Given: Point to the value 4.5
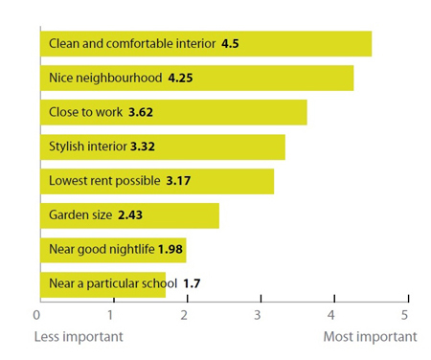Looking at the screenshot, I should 231,44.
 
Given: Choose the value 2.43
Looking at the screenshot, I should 129,215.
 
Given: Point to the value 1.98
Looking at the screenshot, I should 170,250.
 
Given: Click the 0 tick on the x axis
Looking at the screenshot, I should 38,315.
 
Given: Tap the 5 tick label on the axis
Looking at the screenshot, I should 405,315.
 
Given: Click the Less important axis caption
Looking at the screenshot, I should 79,337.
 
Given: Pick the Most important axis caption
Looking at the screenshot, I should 370,337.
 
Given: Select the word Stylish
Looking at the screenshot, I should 69,146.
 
